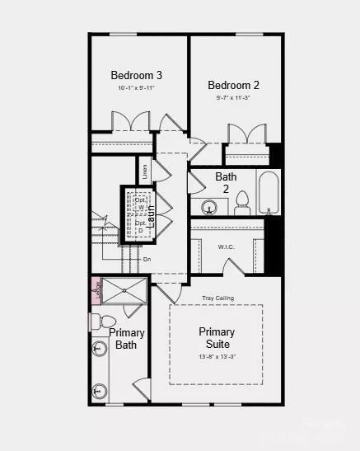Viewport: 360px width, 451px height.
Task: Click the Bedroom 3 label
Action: click(x=137, y=75)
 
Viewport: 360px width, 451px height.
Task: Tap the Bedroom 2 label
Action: click(x=233, y=85)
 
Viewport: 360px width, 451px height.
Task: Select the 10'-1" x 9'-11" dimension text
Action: click(x=137, y=88)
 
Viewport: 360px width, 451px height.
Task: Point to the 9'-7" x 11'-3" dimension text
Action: click(x=233, y=98)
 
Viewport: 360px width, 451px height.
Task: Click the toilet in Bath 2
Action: click(x=242, y=202)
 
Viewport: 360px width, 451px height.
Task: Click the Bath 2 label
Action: click(x=227, y=182)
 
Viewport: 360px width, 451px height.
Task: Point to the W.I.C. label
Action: click(x=227, y=247)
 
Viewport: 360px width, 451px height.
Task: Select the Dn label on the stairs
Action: click(x=147, y=260)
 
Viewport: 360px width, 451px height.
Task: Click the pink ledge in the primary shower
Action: click(x=96, y=293)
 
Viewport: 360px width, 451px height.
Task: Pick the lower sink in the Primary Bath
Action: click(x=100, y=390)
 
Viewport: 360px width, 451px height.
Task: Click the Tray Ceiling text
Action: click(x=216, y=297)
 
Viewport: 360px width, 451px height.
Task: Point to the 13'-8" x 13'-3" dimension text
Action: click(x=216, y=357)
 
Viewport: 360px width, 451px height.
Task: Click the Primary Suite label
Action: click(x=216, y=337)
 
